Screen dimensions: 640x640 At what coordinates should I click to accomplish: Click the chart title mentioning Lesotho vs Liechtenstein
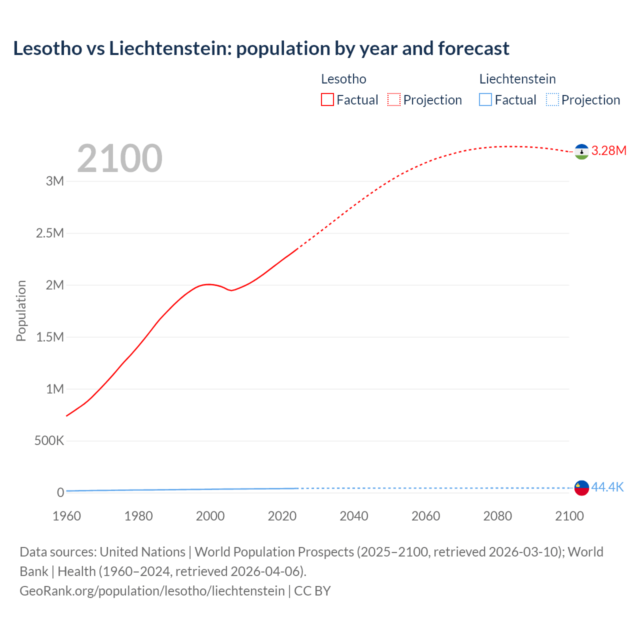coord(261,48)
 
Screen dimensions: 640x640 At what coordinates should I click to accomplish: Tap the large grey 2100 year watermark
coord(120,158)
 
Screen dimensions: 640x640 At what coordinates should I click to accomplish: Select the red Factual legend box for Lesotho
coord(327,99)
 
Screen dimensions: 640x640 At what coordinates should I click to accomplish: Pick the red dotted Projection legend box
coord(394,99)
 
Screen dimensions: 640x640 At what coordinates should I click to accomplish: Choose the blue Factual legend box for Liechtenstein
coord(485,99)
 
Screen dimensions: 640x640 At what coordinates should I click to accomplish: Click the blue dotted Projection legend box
coord(552,99)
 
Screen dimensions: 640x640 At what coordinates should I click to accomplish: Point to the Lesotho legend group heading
coord(343,79)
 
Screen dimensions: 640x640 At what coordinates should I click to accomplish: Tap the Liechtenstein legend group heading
coord(517,79)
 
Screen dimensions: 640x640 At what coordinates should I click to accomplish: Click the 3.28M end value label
coord(609,150)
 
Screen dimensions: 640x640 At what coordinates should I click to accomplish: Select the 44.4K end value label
coord(607,487)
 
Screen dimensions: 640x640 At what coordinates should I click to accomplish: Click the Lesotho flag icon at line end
coord(581,151)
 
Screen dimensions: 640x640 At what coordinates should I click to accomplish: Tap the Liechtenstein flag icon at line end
coord(581,487)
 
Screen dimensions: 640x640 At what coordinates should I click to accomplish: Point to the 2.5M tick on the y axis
coord(50,233)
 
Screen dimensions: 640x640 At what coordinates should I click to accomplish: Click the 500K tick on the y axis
coord(49,440)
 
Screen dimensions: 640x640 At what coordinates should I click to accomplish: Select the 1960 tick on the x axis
coord(66,516)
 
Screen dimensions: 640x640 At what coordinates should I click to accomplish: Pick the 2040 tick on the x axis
coord(354,516)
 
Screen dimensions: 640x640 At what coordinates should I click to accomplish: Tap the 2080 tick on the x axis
coord(497,516)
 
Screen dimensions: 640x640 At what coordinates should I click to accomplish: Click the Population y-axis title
coord(21,310)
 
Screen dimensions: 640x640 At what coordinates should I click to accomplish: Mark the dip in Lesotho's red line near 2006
coord(231,290)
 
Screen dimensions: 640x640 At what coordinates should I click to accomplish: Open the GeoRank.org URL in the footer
coord(152,590)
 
